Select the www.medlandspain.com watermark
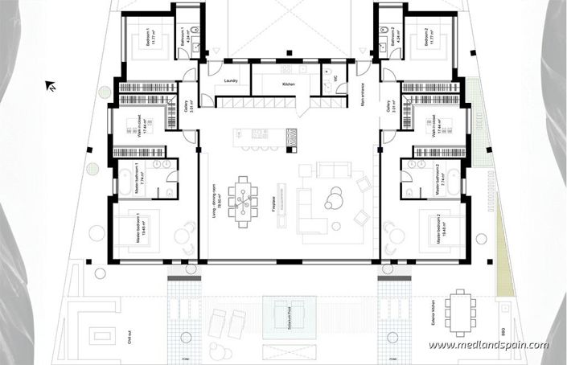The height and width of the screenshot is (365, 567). pos(488,346)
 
